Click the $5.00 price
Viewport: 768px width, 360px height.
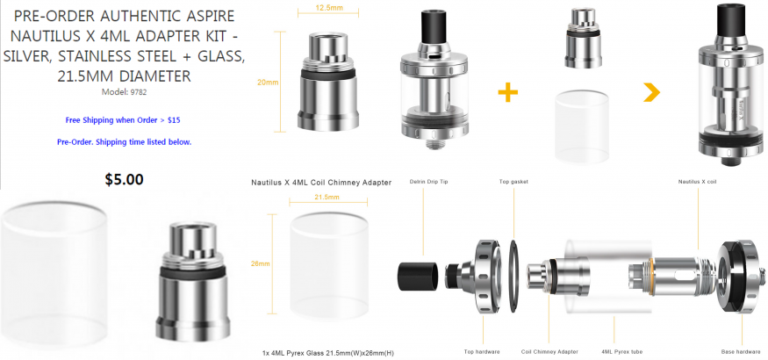(124, 180)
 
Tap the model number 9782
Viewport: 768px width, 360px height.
(138, 91)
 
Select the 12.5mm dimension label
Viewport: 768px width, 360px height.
(327, 7)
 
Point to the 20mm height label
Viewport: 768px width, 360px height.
(268, 83)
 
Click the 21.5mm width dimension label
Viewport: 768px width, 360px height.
(327, 197)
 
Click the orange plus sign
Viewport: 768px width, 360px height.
(508, 92)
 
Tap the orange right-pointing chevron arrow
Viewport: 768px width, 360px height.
(652, 92)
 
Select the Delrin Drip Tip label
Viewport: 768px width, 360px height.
(428, 182)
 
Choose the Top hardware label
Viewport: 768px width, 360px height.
(482, 352)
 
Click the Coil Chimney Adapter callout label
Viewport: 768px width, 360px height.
(549, 352)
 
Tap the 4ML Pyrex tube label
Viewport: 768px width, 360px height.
(621, 352)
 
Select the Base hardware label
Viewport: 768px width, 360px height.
(741, 352)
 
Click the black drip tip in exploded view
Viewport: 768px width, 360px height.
(417, 273)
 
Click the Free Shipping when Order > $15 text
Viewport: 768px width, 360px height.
(124, 120)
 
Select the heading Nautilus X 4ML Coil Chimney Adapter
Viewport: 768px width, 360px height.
(321, 183)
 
